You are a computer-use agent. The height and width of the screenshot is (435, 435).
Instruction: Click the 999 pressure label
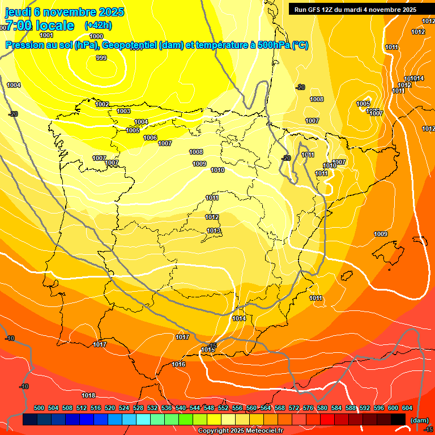101,58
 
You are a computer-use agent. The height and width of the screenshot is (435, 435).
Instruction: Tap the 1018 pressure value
88,395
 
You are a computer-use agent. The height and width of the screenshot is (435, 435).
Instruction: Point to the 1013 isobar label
214,231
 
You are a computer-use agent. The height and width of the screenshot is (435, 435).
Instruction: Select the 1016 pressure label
179,364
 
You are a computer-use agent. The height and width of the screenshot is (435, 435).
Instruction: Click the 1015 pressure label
208,349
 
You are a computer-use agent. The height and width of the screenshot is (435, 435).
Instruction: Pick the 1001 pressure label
46,35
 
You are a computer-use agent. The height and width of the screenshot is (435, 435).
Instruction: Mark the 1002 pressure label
103,104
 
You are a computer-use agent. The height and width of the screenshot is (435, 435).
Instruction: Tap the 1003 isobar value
123,111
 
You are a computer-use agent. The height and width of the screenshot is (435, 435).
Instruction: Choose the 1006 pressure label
150,138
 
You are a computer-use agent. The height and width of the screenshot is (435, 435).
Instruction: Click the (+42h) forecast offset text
98,25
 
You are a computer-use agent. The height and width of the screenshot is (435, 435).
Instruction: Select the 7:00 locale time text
40,25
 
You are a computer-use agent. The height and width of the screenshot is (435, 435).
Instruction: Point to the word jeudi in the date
18,12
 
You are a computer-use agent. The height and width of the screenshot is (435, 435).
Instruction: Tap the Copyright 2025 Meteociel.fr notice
240,430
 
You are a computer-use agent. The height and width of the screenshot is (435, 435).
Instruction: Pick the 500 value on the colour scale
39,408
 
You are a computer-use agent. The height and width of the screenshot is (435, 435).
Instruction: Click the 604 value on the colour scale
407,408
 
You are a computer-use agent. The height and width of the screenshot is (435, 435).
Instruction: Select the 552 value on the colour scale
223,408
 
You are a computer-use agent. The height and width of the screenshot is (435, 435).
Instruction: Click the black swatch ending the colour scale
398,419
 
